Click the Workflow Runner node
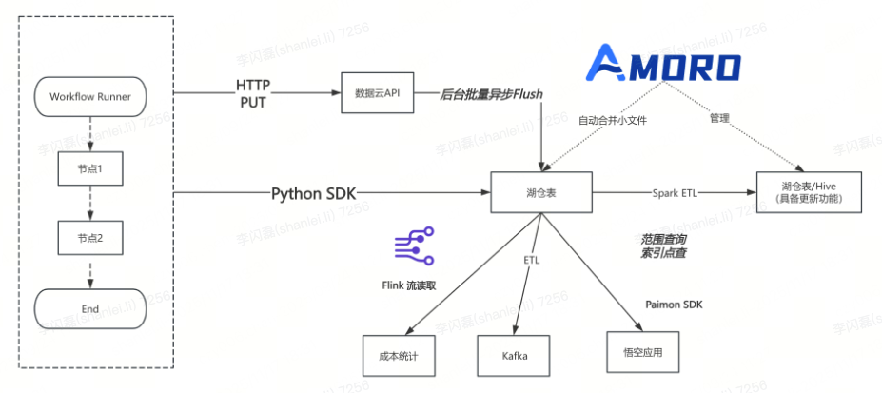coord(90,96)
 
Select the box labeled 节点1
coord(90,167)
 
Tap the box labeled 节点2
coord(90,237)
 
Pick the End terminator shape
coord(90,308)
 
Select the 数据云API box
coord(379,93)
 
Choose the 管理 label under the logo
coord(719,119)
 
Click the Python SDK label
coord(314,194)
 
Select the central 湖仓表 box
coord(541,193)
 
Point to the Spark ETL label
coord(672,193)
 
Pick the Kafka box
coord(515,356)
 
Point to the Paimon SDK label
coord(674,305)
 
